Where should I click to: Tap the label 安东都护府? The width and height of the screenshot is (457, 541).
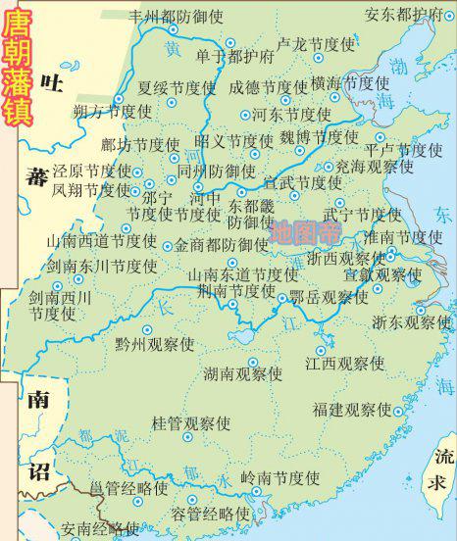[x=402, y=14]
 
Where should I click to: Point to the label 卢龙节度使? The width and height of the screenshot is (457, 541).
[x=315, y=44]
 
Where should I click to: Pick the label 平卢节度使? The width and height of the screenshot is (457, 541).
[x=403, y=150]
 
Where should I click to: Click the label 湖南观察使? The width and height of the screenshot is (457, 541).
[x=242, y=373]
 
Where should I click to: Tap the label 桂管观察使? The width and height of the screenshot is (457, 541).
[x=190, y=423]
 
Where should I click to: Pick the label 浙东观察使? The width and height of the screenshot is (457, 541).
[x=411, y=320]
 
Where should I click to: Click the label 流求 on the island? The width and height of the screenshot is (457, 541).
[x=444, y=469]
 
